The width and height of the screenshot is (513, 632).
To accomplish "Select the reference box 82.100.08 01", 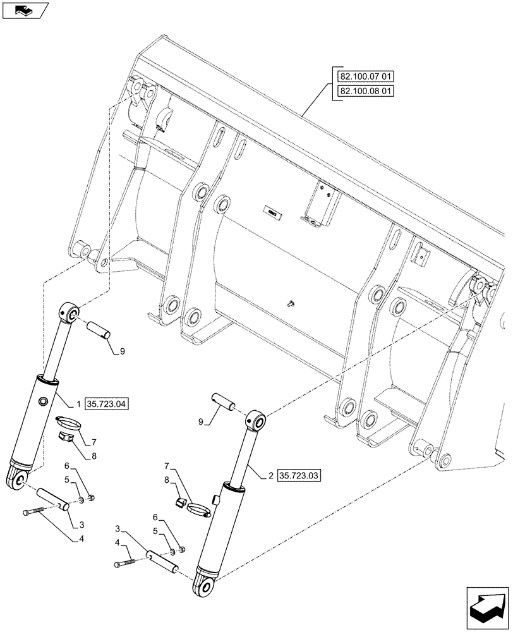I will pos(366,91).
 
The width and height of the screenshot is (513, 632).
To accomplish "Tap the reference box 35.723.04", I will pos(106,403).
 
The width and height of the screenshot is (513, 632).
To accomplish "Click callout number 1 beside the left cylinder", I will pos(78,403).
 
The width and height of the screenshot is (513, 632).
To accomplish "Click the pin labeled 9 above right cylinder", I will pos(223,401).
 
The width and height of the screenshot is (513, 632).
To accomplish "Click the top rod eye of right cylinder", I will pos(256,420).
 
